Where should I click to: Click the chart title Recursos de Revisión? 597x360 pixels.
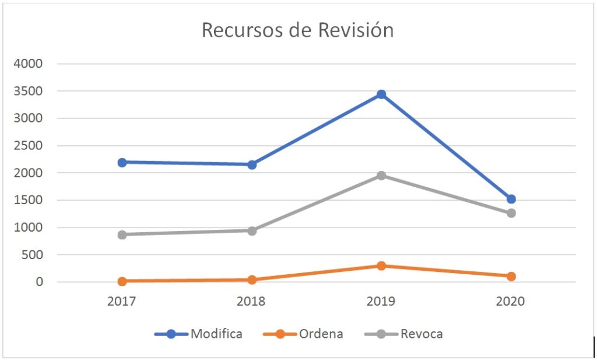coord(297,30)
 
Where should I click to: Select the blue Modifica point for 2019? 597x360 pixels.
coord(381,94)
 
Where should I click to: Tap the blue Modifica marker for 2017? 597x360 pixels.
coord(122,162)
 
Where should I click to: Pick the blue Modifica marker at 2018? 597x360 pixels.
coord(252,165)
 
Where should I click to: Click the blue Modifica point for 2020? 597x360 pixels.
coord(511,199)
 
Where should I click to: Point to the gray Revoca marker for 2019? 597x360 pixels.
coord(381,175)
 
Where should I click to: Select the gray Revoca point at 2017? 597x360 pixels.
coord(122,235)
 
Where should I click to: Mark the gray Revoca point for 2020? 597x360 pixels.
coord(511,213)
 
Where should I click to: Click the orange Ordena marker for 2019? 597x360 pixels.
coord(381,265)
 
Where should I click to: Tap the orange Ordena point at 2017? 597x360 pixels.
coord(122,281)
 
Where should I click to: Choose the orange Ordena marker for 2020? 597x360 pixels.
coord(511,276)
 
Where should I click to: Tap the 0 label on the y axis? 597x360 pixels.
coord(40,282)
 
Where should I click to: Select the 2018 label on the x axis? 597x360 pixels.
coord(252,302)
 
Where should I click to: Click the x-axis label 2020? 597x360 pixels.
coord(511,302)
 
